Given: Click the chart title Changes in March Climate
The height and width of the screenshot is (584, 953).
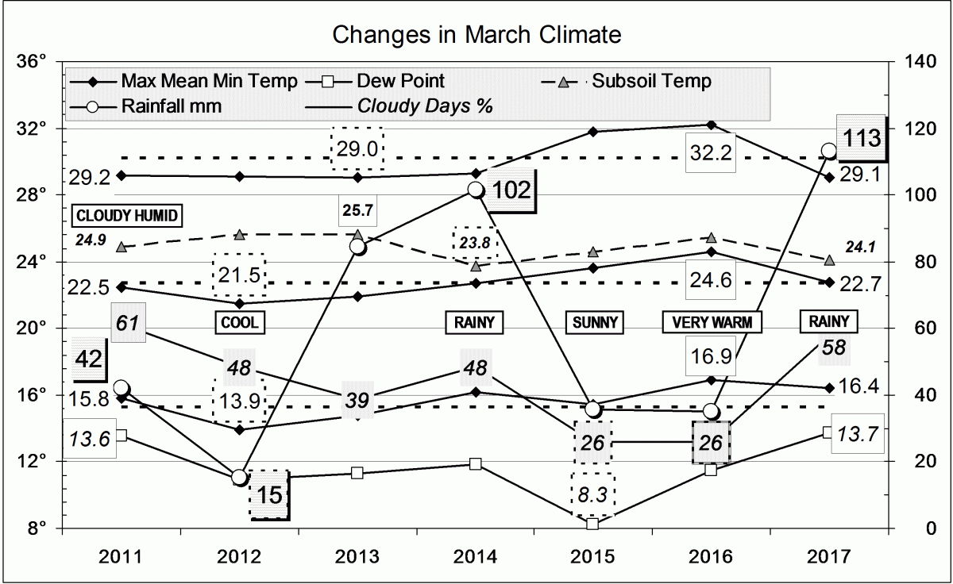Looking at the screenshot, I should coord(476,35).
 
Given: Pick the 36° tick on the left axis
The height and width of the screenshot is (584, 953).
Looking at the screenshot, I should coord(37,61).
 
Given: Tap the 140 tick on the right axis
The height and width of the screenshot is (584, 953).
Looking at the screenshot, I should coord(912,61).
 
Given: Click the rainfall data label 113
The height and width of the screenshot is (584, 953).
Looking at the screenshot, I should coord(862,138).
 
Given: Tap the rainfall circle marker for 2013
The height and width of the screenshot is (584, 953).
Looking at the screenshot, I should coord(357,247).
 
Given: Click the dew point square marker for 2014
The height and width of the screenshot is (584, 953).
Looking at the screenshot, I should coord(475,463).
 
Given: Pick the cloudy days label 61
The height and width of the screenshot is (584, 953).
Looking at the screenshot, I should coord(128,322).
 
